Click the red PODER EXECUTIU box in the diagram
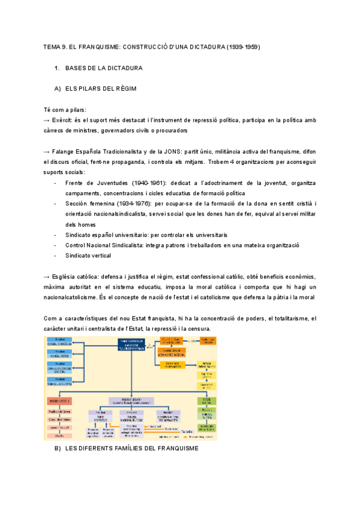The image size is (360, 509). click(60, 400)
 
